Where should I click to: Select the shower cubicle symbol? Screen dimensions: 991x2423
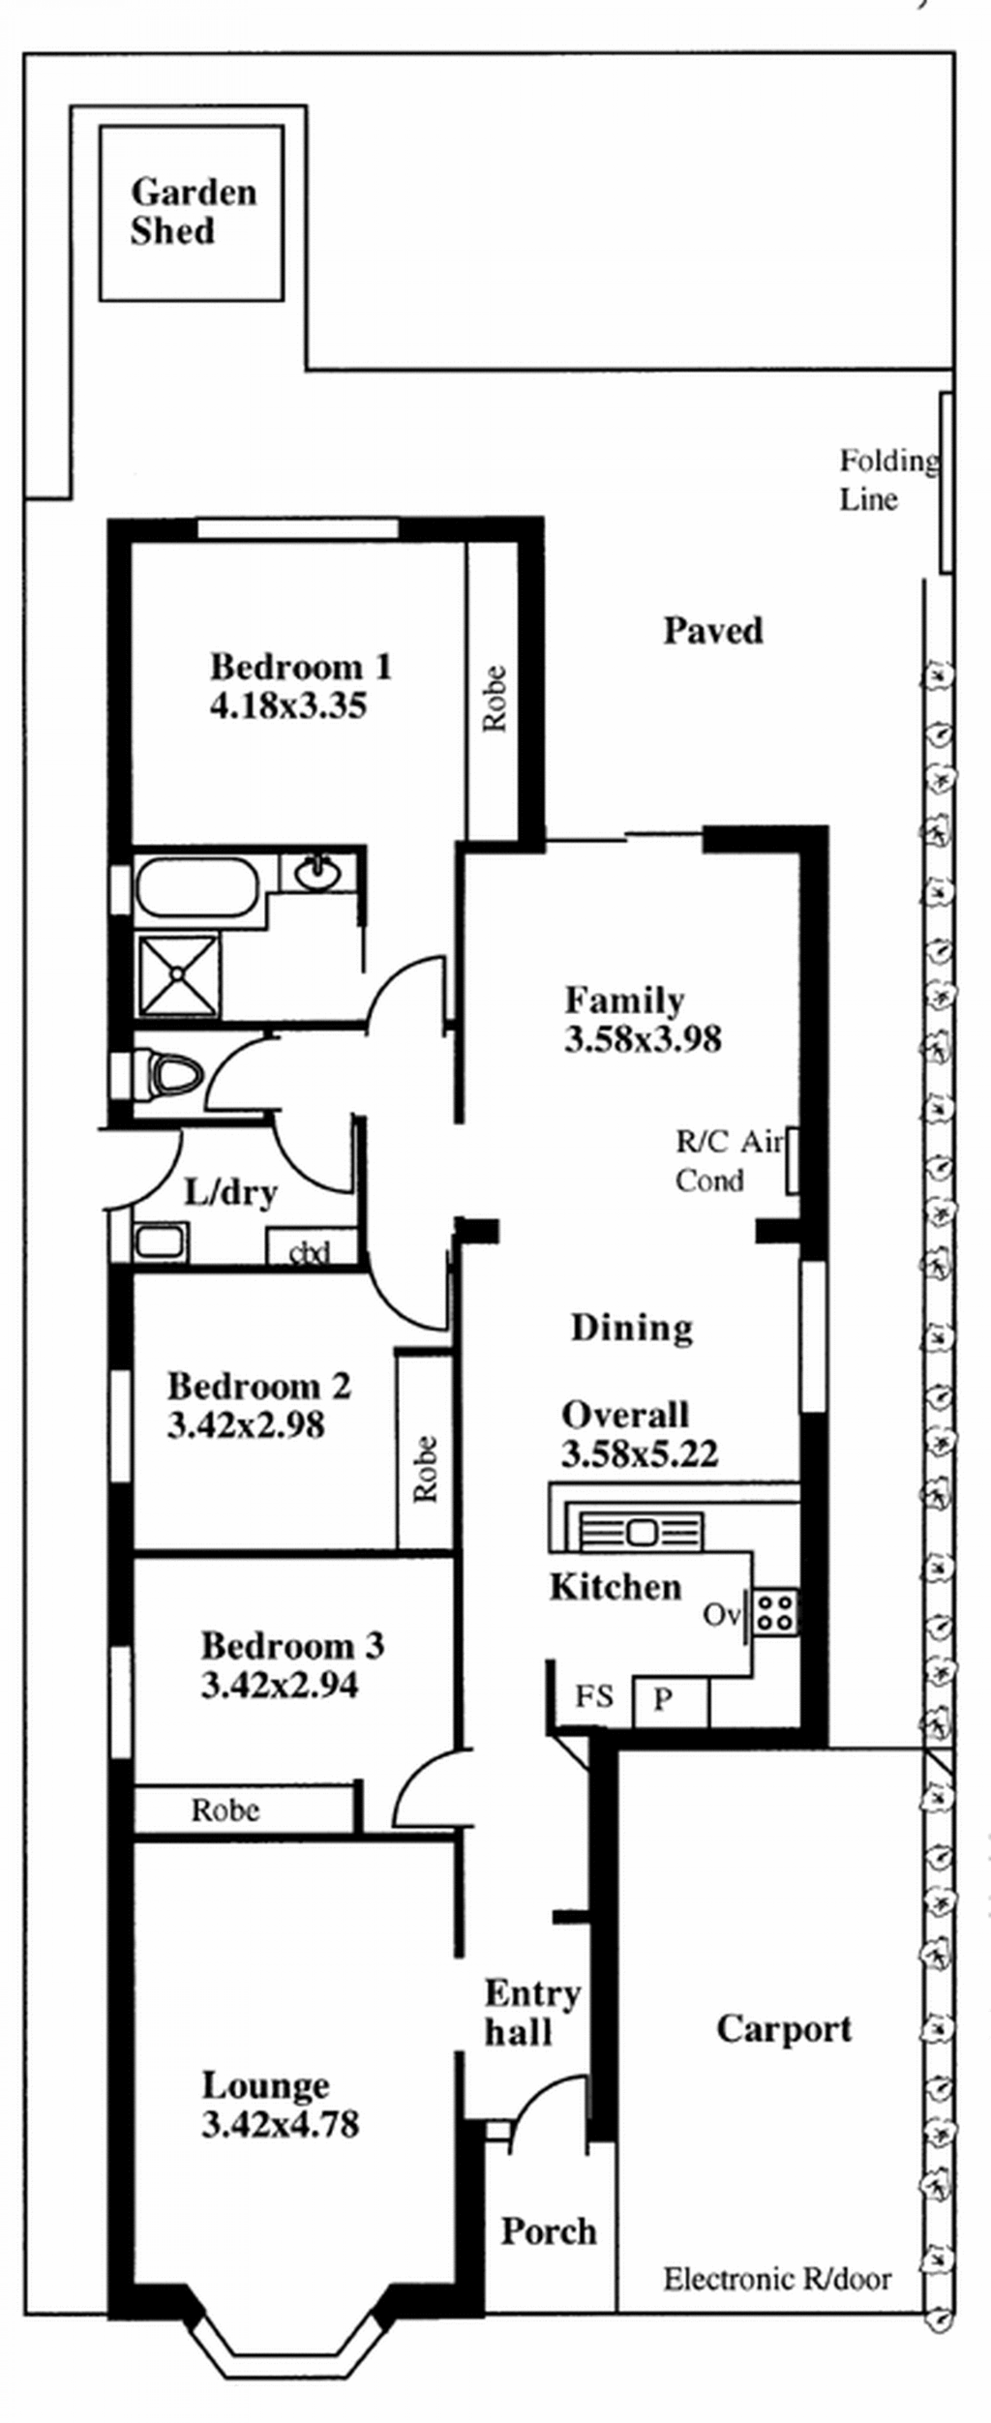[178, 975]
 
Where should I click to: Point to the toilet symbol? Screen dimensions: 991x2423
[169, 1074]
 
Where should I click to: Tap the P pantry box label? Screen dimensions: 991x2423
[663, 1699]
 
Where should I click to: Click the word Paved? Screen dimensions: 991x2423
[713, 630]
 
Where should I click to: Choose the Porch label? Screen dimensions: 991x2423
[549, 2232]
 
